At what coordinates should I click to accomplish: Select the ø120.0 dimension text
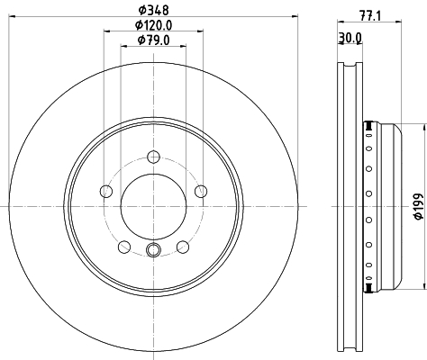[153, 25]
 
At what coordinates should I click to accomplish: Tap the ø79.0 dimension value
[153, 40]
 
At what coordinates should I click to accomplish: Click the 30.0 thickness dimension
[350, 37]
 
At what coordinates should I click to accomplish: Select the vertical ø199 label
[417, 208]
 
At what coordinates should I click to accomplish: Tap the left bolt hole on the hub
[106, 191]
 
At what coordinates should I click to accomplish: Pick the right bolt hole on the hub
[201, 190]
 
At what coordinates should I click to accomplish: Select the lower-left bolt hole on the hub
[124, 246]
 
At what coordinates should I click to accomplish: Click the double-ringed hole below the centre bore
[153, 252]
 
